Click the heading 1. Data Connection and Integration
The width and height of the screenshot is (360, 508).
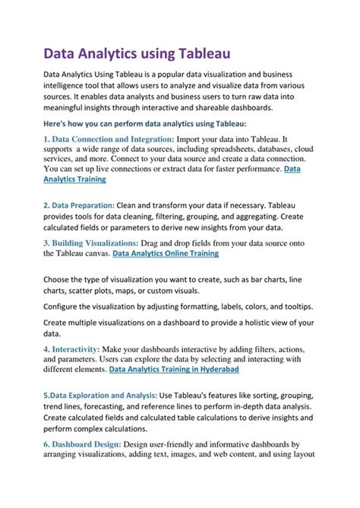click(x=109, y=140)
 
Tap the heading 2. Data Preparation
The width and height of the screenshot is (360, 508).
click(x=79, y=205)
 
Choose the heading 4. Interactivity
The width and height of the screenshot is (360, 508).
click(x=74, y=347)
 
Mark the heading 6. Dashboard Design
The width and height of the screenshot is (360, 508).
click(x=95, y=444)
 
